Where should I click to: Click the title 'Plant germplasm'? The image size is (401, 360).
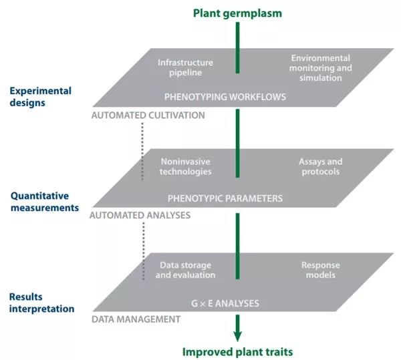coord(237,13)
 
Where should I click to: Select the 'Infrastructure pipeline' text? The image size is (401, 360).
coord(180,67)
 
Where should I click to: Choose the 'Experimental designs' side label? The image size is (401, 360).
coord(41,97)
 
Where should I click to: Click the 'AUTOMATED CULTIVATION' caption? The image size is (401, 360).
coord(148,115)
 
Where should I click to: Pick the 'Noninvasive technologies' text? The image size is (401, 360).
coord(186,166)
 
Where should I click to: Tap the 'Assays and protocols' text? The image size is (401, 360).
coord(320,166)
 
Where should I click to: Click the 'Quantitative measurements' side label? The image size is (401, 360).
coord(45,202)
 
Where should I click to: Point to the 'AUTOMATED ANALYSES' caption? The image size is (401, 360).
coord(140,215)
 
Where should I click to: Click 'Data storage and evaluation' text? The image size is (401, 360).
coord(186,269)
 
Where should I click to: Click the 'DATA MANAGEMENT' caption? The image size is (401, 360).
coord(136,319)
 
